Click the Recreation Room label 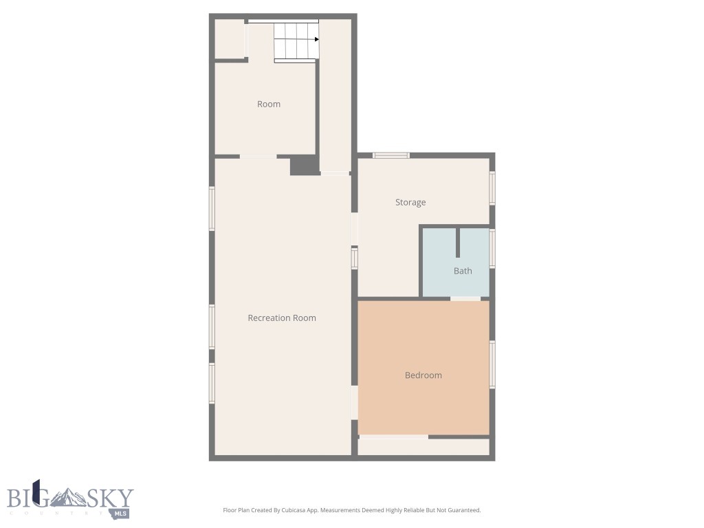(282, 318)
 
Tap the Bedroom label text (423, 375)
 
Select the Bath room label (463, 271)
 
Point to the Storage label (410, 202)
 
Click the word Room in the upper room (269, 104)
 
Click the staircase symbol (296, 41)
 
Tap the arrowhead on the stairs (316, 39)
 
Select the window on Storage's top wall (390, 155)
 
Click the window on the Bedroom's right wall (492, 364)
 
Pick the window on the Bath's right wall (492, 247)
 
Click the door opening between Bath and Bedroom (465, 298)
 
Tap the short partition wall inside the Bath (458, 243)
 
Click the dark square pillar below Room (304, 166)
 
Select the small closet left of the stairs (230, 39)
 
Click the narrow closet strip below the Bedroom (423, 447)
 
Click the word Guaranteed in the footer (462, 510)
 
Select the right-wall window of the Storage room (492, 187)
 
